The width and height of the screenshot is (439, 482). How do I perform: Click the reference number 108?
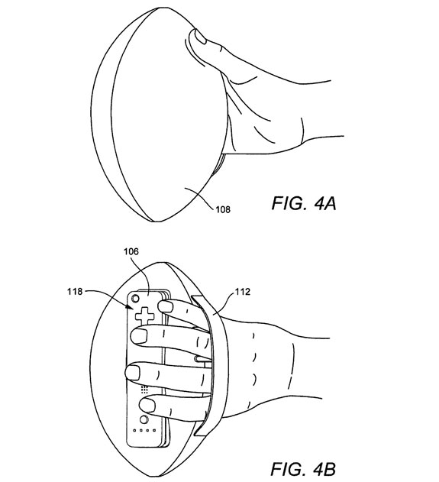click(x=223, y=209)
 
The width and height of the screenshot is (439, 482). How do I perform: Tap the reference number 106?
click(x=131, y=252)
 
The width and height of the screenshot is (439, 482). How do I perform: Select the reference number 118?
click(x=76, y=291)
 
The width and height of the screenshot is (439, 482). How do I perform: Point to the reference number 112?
click(x=243, y=291)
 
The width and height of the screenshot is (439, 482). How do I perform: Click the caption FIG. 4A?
click(x=304, y=203)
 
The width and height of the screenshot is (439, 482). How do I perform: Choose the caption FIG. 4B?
click(x=303, y=470)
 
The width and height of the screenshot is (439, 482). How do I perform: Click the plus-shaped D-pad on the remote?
click(x=144, y=316)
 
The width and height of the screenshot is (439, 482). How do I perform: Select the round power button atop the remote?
click(x=135, y=299)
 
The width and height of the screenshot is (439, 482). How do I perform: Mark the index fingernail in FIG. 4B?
click(x=164, y=306)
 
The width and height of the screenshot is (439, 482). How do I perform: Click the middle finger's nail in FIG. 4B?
click(x=140, y=335)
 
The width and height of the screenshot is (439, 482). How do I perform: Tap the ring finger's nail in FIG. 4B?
click(x=133, y=373)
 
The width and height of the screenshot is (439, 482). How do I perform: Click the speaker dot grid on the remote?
click(x=144, y=389)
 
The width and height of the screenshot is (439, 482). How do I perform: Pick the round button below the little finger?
click(x=144, y=419)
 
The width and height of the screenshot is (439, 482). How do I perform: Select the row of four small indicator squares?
click(x=144, y=430)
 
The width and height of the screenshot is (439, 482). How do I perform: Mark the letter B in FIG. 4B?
click(x=328, y=470)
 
